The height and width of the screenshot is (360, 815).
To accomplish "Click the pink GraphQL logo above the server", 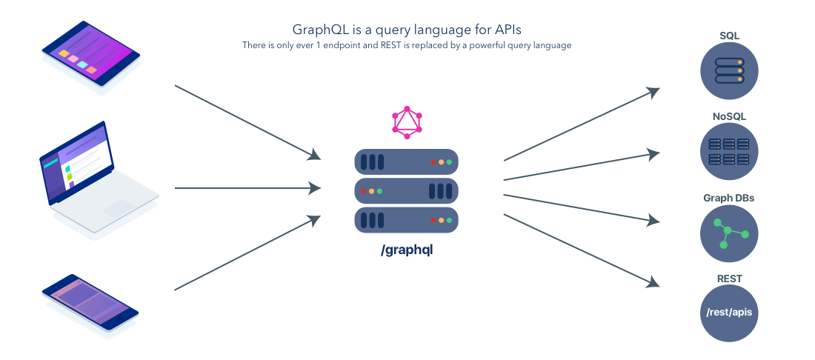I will coord(407,122).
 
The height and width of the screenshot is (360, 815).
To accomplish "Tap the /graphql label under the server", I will coord(406,250).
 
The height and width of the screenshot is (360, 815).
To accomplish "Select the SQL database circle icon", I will coord(729,70).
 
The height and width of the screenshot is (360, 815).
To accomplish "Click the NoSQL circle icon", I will coord(729,151).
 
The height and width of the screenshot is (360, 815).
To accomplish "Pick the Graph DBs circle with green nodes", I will coord(729,233).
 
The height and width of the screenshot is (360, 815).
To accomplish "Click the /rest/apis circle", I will coord(729,314).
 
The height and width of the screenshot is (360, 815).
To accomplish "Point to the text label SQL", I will coord(729,35).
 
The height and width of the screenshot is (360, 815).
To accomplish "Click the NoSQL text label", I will coord(729,116).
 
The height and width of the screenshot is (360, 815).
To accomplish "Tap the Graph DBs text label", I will coord(729,198).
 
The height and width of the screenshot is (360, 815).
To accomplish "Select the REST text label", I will coord(729,279).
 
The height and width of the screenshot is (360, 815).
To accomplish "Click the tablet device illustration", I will coord(90,58).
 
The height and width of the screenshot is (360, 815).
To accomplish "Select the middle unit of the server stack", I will coord(406,190).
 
